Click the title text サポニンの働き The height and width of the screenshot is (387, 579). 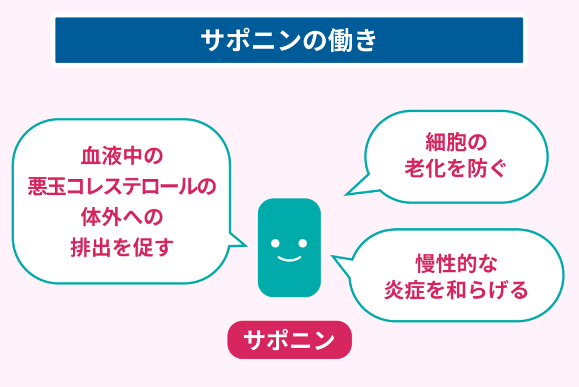click(289, 40)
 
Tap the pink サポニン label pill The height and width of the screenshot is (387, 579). click(289, 340)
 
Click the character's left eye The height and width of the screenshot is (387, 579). click(275, 243)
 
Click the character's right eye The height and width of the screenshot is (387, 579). click(303, 243)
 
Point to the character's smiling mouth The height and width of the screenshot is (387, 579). click(289, 258)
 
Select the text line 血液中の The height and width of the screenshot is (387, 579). click(122, 156)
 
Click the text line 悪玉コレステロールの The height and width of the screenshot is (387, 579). click(122, 186)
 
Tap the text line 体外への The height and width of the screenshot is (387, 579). click(122, 217)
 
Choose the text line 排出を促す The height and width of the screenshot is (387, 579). click(122, 247)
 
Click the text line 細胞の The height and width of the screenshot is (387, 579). click(456, 142)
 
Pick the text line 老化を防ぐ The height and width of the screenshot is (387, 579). click(456, 168)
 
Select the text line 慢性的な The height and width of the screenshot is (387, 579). click(456, 264)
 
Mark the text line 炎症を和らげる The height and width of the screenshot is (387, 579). click(456, 290)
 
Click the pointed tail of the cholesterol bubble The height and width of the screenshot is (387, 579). click(246, 245)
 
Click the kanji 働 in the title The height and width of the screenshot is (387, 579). click(343, 40)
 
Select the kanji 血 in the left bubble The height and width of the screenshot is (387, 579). click(91, 156)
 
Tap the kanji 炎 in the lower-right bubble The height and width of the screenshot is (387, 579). click(394, 290)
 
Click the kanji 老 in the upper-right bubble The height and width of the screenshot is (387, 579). click(415, 168)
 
